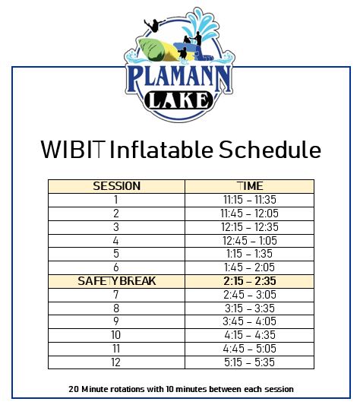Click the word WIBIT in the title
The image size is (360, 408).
point(72,149)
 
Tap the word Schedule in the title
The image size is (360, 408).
point(269,149)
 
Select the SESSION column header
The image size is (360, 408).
point(116,186)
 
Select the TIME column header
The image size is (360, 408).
point(249,186)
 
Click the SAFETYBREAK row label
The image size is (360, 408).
point(116,281)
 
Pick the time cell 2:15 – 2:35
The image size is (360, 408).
point(249,281)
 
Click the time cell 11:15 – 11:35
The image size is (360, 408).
point(249,200)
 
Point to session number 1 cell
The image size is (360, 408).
point(116,200)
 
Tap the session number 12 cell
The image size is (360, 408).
point(116,362)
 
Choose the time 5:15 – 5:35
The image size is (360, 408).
point(249,362)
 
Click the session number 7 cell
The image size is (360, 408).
point(116,295)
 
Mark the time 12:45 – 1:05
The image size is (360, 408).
point(249,241)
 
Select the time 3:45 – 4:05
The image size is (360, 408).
point(249,322)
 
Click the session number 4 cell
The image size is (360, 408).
point(116,241)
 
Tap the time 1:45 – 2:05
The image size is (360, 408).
point(249,267)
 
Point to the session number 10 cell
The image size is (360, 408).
point(116,335)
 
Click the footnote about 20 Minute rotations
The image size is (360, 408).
point(180,389)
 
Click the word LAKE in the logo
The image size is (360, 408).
point(180,100)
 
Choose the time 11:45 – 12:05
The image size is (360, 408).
point(249,213)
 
